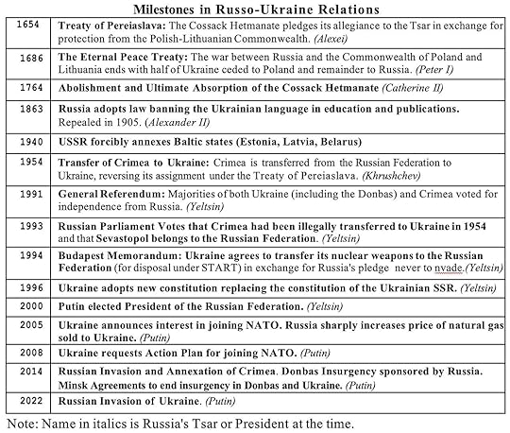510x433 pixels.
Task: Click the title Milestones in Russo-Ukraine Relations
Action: pyautogui.click(x=255, y=8)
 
